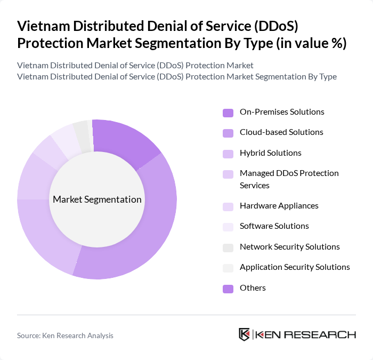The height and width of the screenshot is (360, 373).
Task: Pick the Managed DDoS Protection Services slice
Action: [x=34, y=176]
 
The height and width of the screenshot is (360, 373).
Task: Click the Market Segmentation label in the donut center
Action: [x=97, y=199]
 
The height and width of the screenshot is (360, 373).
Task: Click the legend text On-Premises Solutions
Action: [x=282, y=112]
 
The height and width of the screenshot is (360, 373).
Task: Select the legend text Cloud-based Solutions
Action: [x=281, y=132]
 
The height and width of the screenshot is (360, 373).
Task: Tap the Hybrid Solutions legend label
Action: [x=270, y=153]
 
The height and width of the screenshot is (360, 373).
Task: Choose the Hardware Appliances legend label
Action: [x=279, y=206]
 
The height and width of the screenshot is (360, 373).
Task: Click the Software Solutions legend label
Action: [x=274, y=226]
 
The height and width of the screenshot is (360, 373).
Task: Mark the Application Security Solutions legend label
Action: [x=295, y=267]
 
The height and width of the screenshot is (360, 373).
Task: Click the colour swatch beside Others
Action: [x=228, y=289]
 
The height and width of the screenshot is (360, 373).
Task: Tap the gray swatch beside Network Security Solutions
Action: [x=228, y=247]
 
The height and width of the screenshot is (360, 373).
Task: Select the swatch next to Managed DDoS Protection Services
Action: [x=228, y=174]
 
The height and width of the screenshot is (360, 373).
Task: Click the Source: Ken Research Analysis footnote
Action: [x=65, y=335]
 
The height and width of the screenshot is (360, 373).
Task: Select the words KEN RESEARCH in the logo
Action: [x=306, y=334]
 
